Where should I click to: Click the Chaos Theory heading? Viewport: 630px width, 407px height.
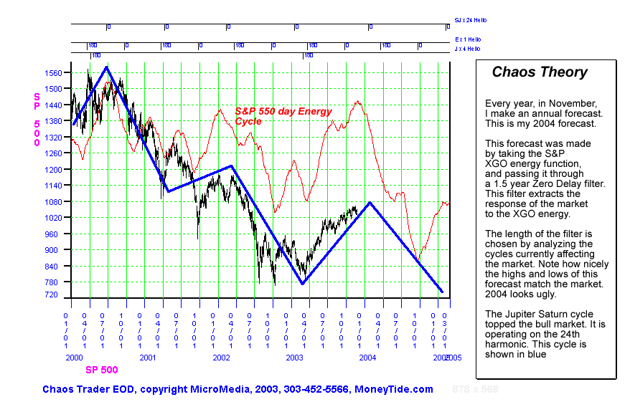tap(539, 72)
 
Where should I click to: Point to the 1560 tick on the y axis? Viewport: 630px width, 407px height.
tap(52, 73)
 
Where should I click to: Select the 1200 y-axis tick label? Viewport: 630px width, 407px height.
tap(52, 170)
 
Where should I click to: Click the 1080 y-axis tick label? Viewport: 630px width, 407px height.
tap(52, 202)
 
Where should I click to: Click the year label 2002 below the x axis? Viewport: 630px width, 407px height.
tap(220, 356)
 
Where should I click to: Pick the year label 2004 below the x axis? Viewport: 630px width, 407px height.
tap(367, 356)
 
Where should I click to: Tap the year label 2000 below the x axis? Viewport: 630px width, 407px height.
tap(74, 356)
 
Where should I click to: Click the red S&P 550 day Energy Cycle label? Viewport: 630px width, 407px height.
tap(283, 116)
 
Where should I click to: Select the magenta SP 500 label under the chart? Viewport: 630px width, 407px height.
tap(101, 370)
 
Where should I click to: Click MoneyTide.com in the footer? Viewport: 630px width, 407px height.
tap(394, 389)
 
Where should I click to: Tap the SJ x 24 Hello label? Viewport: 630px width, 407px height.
tap(470, 20)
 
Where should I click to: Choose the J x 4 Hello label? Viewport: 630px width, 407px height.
tap(468, 49)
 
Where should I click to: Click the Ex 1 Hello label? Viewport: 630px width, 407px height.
tap(468, 39)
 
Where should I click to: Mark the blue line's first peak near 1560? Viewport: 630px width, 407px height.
tap(107, 67)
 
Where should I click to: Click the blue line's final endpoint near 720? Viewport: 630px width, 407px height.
tap(442, 292)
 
